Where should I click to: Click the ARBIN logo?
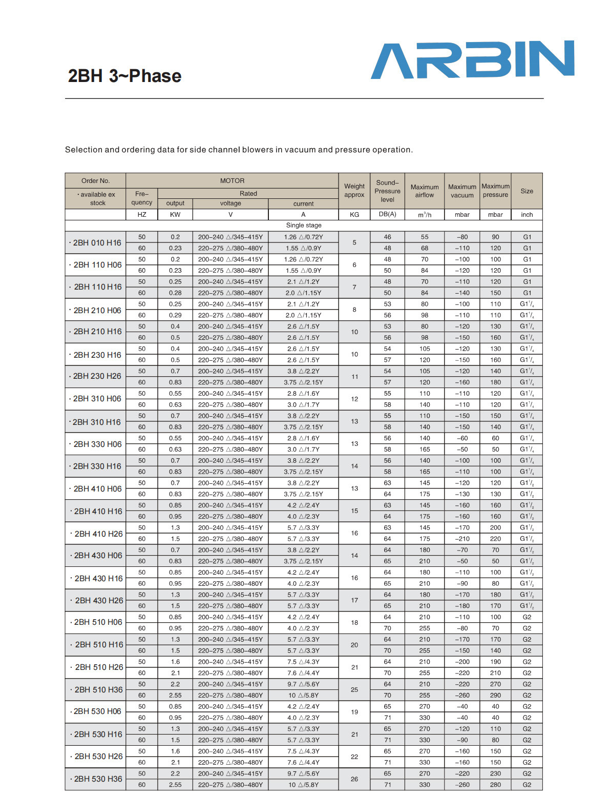[472, 60]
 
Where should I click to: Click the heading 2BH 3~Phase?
[124, 76]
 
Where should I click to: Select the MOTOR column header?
[232, 181]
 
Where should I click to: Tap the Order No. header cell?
[96, 181]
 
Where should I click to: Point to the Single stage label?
[304, 226]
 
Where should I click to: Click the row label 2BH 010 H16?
[97, 243]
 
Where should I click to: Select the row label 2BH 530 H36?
[98, 779]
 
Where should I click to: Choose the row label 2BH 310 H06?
[97, 399]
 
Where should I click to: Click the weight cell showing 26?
[354, 779]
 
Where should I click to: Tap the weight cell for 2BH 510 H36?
[354, 690]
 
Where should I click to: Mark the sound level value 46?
[388, 237]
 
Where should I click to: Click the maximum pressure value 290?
[495, 696]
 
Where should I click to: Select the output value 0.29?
[175, 316]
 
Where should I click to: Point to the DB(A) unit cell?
[388, 214]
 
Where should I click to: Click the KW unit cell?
[175, 215]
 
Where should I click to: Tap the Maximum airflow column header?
[425, 191]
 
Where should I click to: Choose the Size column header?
[527, 191]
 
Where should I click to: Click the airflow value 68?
[425, 249]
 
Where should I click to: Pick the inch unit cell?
[527, 215]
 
